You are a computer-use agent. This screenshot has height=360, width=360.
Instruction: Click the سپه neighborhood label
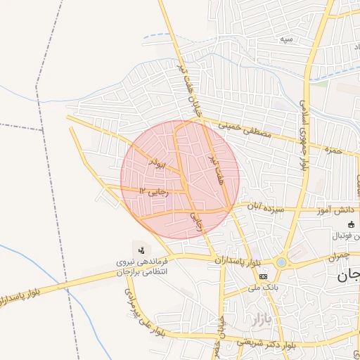click(286, 39)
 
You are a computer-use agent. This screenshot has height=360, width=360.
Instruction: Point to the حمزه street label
click(333, 149)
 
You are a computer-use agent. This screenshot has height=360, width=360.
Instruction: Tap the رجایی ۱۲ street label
click(154, 191)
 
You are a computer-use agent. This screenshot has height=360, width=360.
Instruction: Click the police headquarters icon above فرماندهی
click(141, 250)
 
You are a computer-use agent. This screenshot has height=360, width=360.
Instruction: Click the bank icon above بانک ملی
click(263, 276)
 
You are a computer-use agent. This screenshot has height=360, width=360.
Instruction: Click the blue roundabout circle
click(281, 262)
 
